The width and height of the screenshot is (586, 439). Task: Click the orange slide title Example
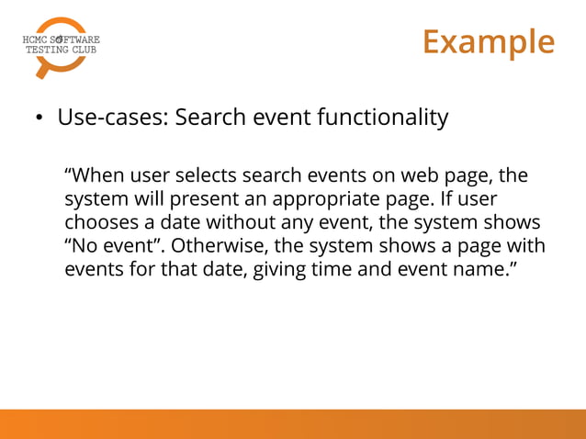coord(489,42)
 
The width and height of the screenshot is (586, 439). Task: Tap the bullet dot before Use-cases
coord(39,120)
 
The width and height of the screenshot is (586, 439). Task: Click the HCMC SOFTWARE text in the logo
coord(60,39)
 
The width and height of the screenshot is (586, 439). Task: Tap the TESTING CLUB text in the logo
coord(60,51)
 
